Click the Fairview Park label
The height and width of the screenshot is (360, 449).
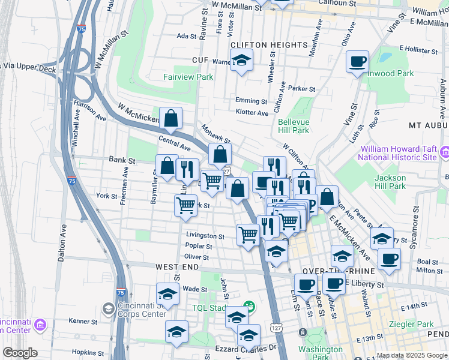[188, 77]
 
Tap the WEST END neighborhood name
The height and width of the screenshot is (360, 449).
[175, 266]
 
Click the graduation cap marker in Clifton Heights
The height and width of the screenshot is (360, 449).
[241, 61]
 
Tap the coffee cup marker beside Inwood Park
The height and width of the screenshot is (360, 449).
[358, 61]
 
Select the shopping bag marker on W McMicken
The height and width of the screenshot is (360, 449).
[171, 118]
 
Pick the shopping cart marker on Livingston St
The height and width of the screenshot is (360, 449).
[248, 235]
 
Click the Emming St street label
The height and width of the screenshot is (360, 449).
[251, 101]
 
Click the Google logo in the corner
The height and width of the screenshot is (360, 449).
[20, 353]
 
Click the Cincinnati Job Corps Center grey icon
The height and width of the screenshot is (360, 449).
[109, 308]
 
